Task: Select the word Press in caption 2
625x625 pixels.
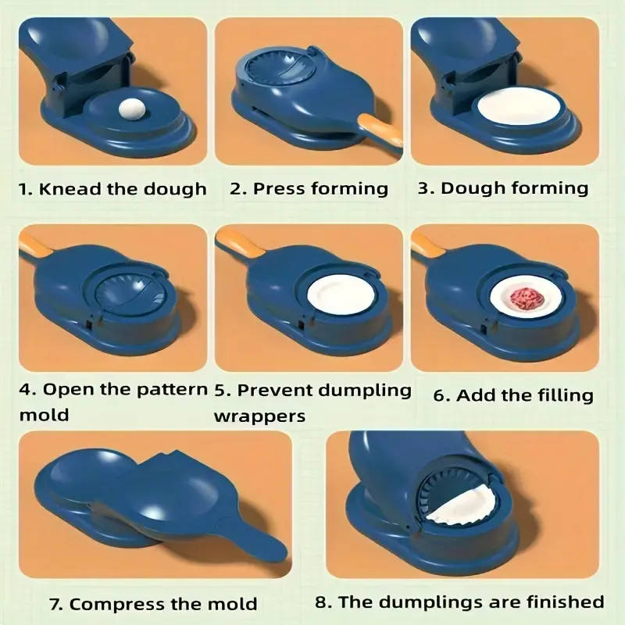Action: point(280,189)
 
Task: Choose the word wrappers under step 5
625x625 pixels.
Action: point(259,415)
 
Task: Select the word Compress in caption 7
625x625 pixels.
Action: point(131,603)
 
